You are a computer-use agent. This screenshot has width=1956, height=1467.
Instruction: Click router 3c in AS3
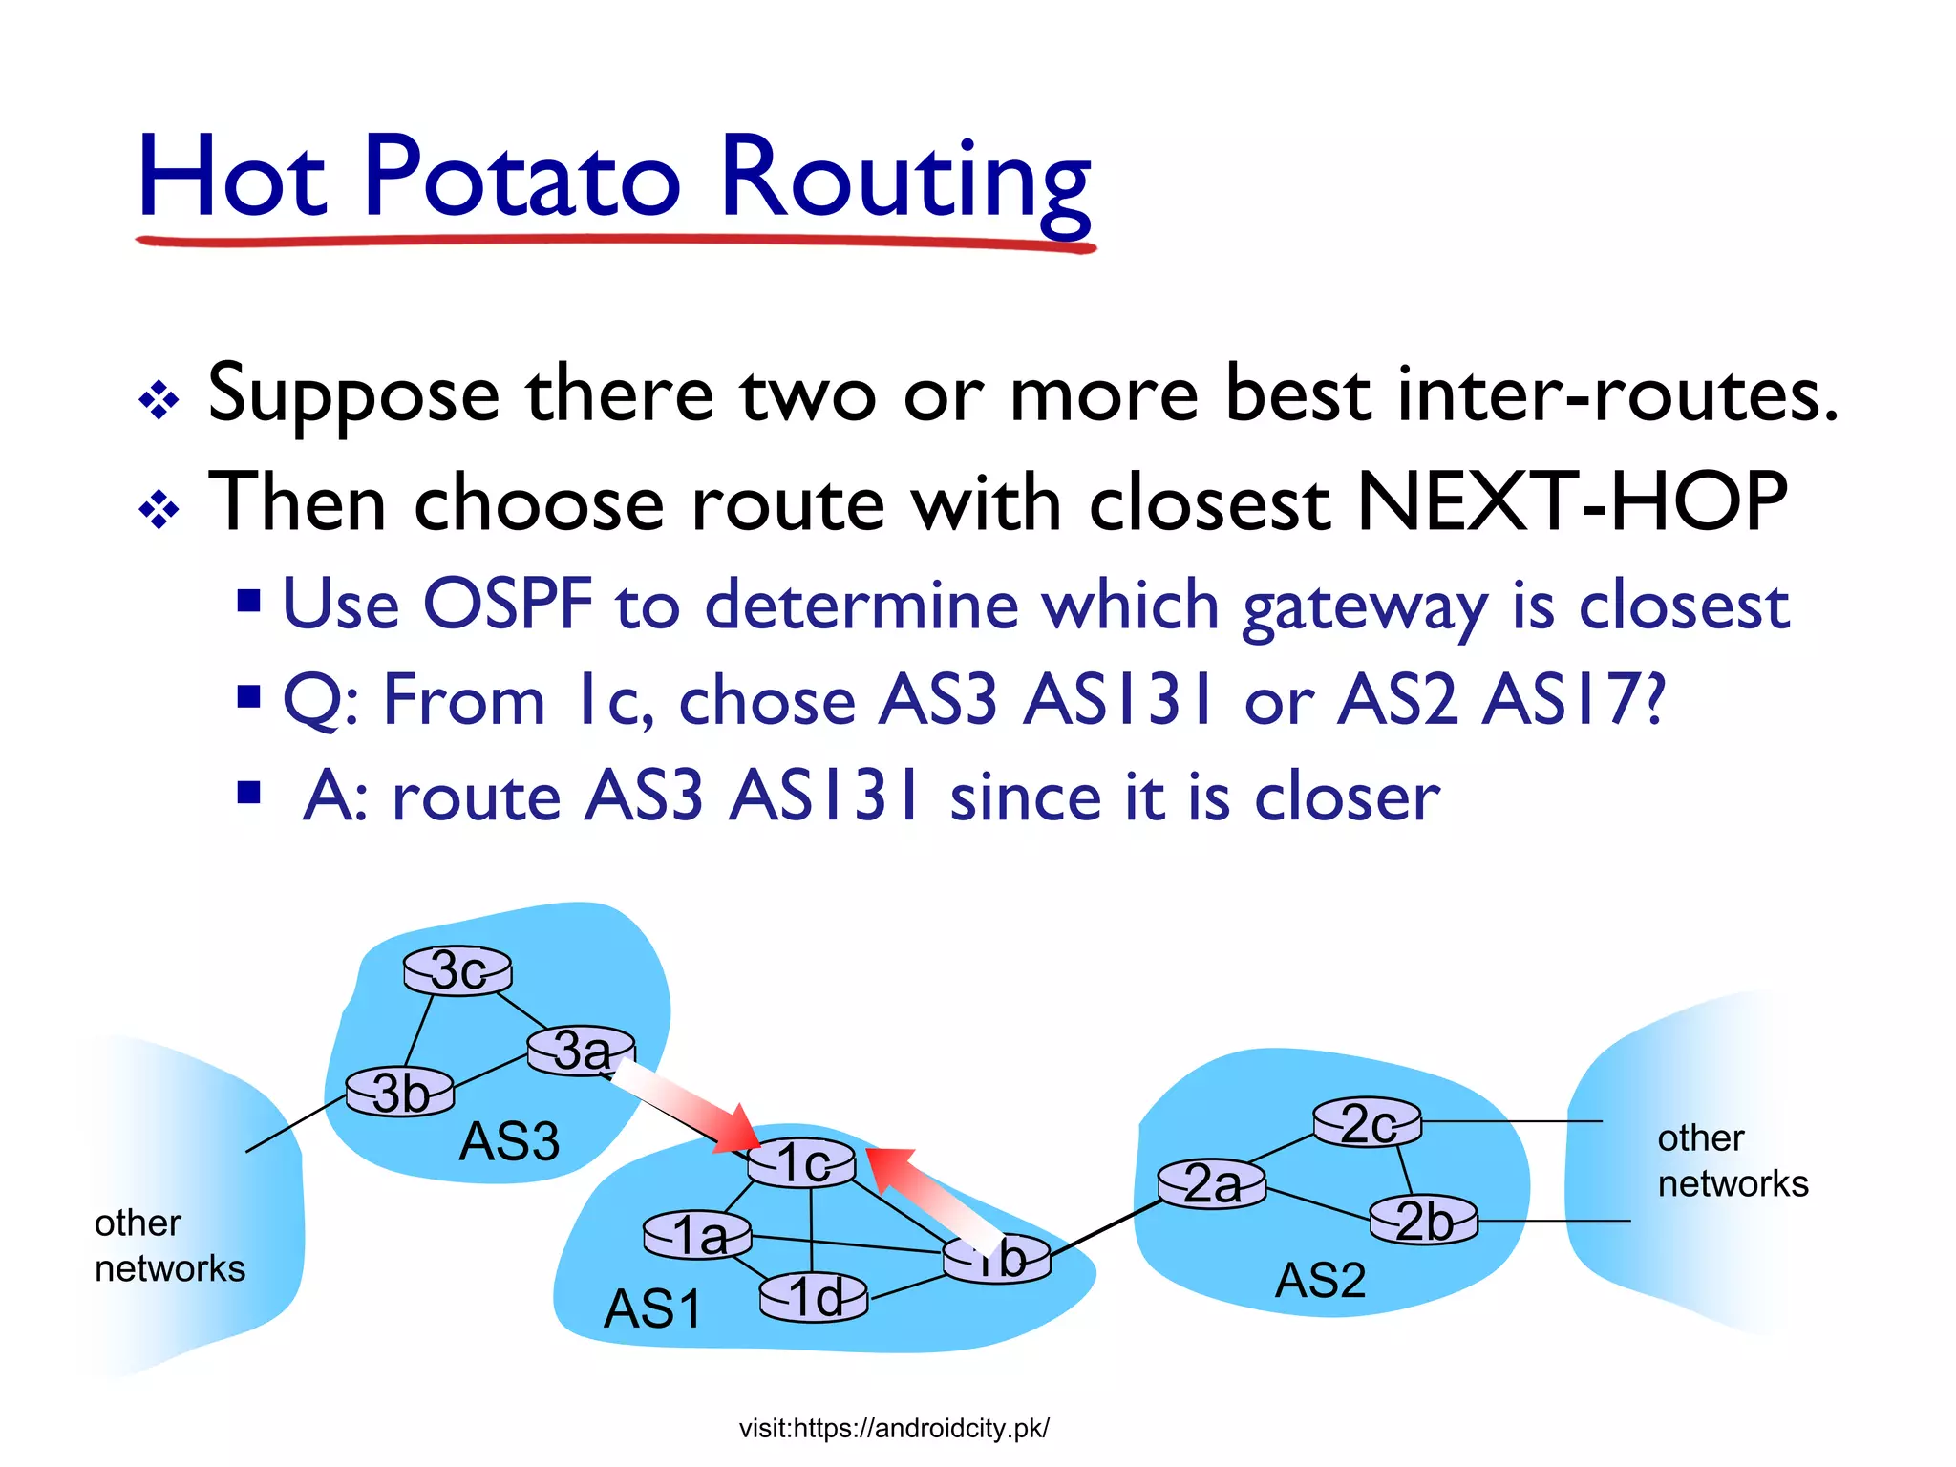click(x=457, y=971)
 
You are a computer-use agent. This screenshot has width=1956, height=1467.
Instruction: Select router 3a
click(x=581, y=1052)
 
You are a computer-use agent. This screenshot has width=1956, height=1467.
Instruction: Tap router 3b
click(x=400, y=1093)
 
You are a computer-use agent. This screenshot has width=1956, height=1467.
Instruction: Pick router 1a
click(x=697, y=1236)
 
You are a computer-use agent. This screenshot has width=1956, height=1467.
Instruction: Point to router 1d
click(x=814, y=1298)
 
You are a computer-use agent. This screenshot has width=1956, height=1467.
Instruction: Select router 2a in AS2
click(x=1211, y=1184)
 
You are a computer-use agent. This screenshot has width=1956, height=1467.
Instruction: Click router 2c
click(x=1367, y=1122)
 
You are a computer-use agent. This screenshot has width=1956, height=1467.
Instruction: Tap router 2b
click(x=1423, y=1221)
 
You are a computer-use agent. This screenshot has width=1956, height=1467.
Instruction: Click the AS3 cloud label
click(x=509, y=1141)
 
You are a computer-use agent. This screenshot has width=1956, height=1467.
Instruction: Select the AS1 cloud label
click(x=652, y=1308)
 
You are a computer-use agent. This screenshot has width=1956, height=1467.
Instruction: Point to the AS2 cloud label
click(x=1321, y=1281)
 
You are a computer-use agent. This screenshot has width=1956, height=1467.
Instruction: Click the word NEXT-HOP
click(x=1570, y=501)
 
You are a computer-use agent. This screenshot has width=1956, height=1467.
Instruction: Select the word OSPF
click(x=507, y=604)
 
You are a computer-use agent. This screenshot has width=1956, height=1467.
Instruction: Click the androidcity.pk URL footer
click(x=894, y=1428)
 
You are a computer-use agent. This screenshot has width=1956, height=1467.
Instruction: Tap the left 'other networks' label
click(x=169, y=1245)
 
